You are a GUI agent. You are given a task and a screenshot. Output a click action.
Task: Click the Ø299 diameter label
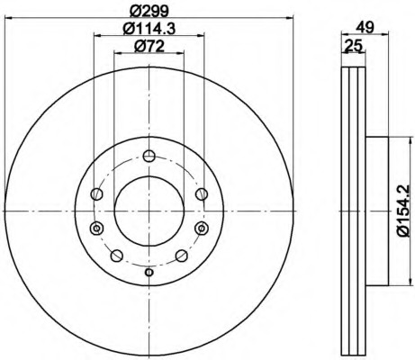pos(149,11)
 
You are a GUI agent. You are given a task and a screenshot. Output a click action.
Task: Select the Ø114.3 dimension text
pos(149,29)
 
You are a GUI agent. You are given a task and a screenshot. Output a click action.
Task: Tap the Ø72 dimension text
pos(149,46)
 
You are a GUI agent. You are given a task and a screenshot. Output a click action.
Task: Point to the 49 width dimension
pos(365,28)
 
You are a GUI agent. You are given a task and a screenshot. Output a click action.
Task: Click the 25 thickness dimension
pos(354,46)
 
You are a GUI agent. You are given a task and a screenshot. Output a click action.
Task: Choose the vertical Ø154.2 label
pos(403,211)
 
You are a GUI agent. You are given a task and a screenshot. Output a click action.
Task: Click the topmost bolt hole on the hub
pos(149,156)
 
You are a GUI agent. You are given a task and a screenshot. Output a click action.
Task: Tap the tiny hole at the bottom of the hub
pos(149,273)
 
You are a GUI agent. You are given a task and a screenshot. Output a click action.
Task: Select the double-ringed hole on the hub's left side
pos(96,229)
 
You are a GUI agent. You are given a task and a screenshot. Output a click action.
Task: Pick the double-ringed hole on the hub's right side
pos(201,229)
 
